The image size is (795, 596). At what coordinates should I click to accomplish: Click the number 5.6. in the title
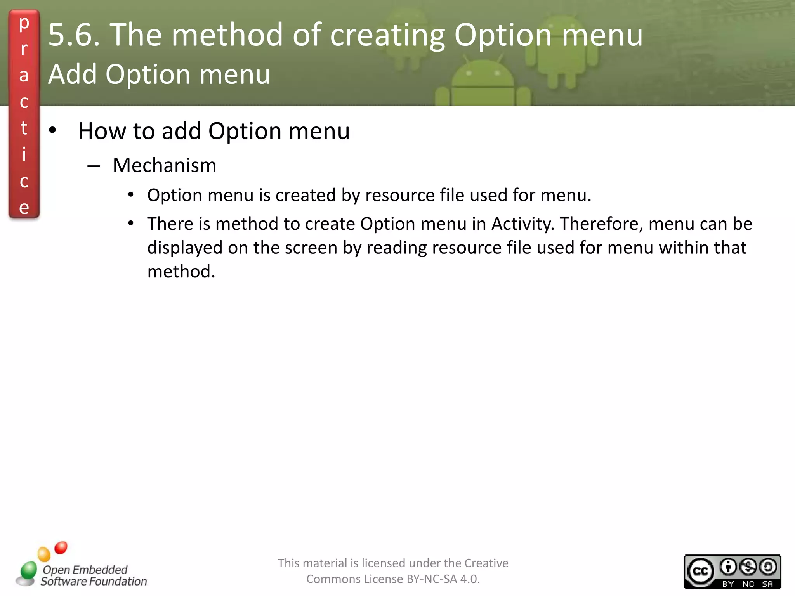click(74, 35)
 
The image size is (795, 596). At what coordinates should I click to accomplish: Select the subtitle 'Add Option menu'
click(159, 74)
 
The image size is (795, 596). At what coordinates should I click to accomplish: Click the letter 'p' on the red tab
click(24, 23)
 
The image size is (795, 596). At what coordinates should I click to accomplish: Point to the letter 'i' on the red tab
click(24, 154)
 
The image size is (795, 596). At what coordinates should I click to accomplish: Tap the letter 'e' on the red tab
click(24, 208)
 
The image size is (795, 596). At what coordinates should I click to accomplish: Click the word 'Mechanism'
click(165, 165)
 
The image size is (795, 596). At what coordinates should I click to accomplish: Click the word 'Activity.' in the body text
click(523, 224)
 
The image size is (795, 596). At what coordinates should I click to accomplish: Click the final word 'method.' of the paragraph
click(181, 271)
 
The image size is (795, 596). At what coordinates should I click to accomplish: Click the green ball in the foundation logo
click(29, 570)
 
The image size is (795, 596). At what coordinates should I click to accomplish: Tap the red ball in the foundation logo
click(61, 547)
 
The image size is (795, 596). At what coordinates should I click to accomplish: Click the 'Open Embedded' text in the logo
click(85, 570)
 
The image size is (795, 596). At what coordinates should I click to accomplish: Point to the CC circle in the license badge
click(701, 571)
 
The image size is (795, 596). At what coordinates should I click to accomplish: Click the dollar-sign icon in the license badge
click(748, 567)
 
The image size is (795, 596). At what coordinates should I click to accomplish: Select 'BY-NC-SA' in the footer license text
click(432, 579)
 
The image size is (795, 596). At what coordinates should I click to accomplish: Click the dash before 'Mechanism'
click(94, 166)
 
